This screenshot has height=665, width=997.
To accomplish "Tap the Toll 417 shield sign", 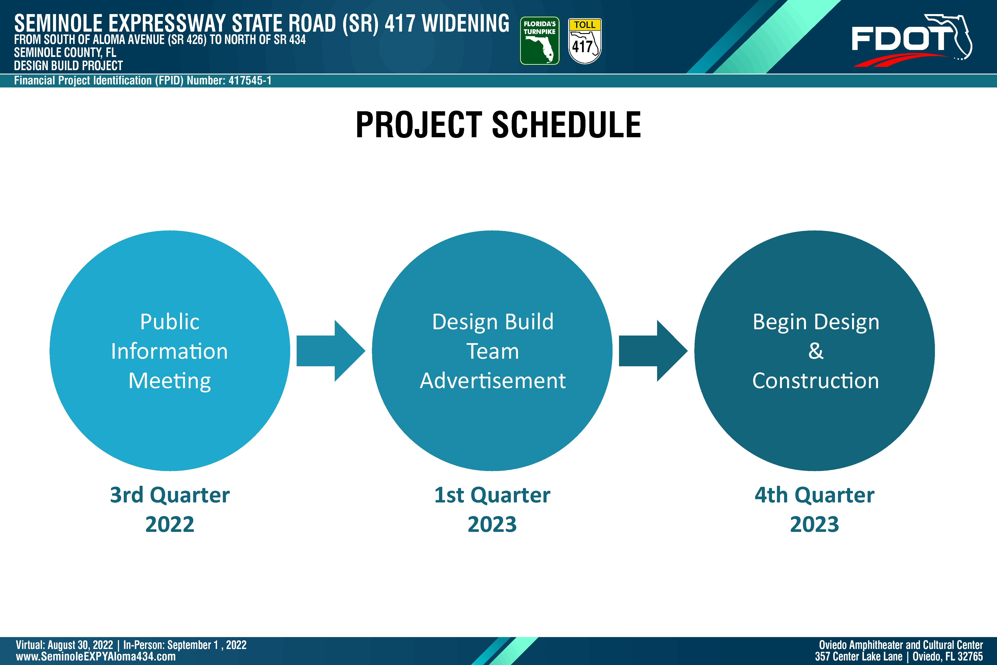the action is pos(585,41).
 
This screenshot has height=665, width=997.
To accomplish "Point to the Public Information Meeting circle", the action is pos(170,351).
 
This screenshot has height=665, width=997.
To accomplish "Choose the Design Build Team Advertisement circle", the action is pos(492,351).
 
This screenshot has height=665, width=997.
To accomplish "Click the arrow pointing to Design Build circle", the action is pos(331,351).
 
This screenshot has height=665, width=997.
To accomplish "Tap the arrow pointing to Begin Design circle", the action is pos(653,351).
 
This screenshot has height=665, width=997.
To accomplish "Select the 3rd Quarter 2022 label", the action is pos(170,509).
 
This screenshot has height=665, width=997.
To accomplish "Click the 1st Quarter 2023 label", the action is pos(492,509).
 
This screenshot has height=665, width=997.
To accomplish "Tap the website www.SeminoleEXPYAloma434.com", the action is pos(96,657).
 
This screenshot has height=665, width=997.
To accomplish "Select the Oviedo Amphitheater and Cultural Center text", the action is pos(901,645).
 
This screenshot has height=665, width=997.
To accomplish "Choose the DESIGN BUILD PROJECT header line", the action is pos(68,66).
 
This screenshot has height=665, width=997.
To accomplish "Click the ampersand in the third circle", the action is pos(815,351).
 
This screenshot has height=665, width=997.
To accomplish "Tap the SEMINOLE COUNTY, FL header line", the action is pos(65,53).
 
